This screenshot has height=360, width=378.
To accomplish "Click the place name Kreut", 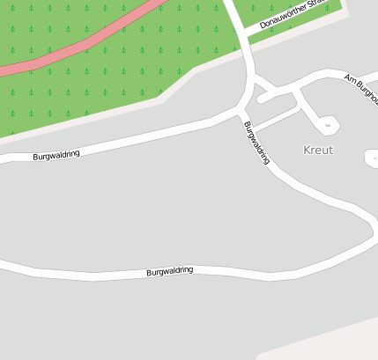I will [318, 150].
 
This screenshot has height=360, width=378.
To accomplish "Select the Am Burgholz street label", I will [362, 86].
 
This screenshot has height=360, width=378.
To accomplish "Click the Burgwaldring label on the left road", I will [56, 155].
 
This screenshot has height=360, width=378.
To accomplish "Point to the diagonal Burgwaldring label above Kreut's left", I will [256, 143].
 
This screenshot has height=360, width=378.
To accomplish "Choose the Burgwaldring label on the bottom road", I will [169, 272].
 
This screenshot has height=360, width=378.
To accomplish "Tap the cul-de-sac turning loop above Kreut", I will [328, 126].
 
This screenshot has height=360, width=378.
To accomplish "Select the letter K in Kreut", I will [307, 150].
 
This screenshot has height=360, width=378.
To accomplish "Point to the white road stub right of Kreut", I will [372, 158].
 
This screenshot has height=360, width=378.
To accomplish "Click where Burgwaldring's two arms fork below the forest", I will [242, 111].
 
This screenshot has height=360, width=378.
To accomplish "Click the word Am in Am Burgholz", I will [349, 78].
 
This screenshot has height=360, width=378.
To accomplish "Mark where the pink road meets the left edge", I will [3, 70].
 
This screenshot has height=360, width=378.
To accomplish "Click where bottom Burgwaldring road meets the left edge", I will [3, 263].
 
